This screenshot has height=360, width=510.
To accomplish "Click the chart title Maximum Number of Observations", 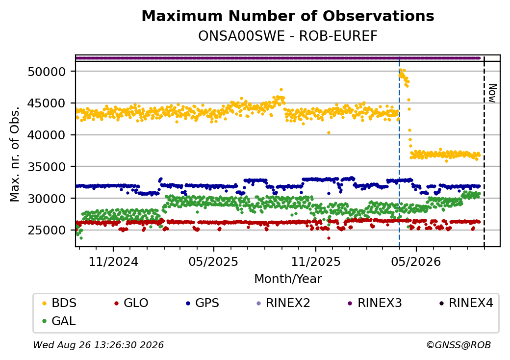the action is [x=288, y=16].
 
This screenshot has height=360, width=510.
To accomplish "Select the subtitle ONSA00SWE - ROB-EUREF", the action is [x=288, y=36].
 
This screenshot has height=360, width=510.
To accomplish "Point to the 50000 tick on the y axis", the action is [x=47, y=72].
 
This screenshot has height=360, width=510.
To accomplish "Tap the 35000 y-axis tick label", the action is [x=47, y=167].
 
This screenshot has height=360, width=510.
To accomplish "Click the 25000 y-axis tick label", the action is [x=47, y=230].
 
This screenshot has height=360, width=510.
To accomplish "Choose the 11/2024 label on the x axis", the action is [x=113, y=262].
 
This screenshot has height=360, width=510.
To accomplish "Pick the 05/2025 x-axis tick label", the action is [x=213, y=262].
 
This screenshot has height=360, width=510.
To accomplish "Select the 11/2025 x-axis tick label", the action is [x=315, y=262].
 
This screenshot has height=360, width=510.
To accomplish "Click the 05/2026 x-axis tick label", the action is [x=416, y=262].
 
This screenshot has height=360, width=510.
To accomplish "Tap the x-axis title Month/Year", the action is [x=288, y=279].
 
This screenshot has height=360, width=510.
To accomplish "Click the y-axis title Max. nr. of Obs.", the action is [x=15, y=154].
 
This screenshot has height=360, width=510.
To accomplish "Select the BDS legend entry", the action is [x=59, y=303].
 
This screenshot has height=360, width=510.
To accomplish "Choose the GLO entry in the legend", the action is [x=131, y=303].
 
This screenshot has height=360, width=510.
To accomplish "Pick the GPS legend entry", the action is [x=203, y=303].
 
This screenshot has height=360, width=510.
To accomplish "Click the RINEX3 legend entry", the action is [x=375, y=303].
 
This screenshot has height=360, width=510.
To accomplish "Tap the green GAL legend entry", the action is [x=59, y=321].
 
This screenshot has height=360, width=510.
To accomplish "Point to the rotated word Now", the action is [x=493, y=93].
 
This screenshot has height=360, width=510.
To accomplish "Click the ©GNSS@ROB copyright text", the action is [x=459, y=345].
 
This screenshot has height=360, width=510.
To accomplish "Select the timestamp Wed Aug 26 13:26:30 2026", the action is [x=99, y=345].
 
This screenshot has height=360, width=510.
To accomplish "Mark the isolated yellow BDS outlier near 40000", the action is [x=329, y=133].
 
